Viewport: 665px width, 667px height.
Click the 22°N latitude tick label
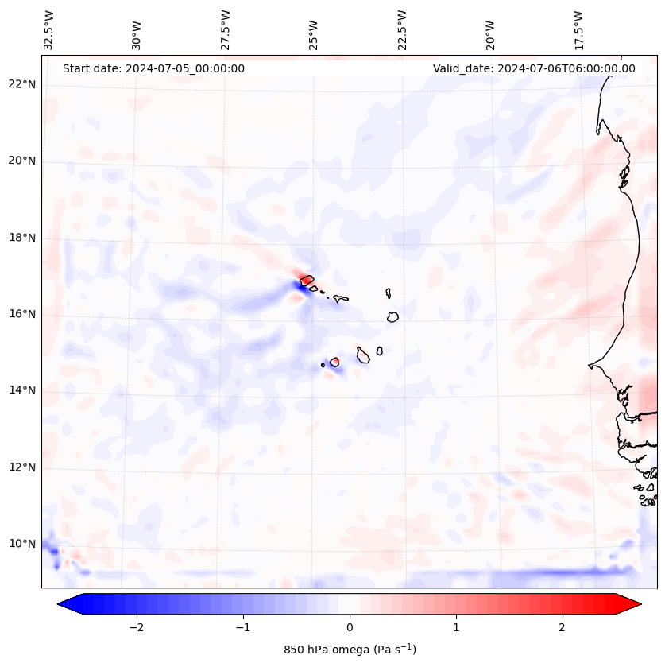tap(22, 85)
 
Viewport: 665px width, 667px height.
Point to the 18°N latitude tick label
tap(22, 238)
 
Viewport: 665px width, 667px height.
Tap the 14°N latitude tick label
tap(22, 390)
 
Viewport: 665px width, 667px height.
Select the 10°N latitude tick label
tap(22, 544)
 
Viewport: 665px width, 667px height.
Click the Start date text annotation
tap(153, 68)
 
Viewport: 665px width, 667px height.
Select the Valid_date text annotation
tap(534, 68)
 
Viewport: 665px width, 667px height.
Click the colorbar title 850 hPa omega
tap(350, 650)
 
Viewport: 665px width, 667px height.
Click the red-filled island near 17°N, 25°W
tap(307, 281)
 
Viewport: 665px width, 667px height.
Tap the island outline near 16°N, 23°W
tap(392, 316)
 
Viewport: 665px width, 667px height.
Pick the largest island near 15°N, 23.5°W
tap(363, 355)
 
